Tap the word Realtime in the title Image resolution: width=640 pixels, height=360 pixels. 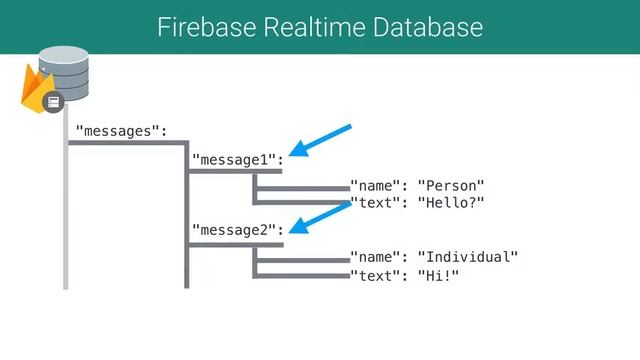coord(306,27)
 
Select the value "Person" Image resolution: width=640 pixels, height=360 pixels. coord(451,186)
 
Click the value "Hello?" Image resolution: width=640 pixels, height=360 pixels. coord(451,203)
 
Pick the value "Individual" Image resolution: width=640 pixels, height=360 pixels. coord(468,258)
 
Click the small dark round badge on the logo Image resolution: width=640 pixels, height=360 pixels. coord(54,101)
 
